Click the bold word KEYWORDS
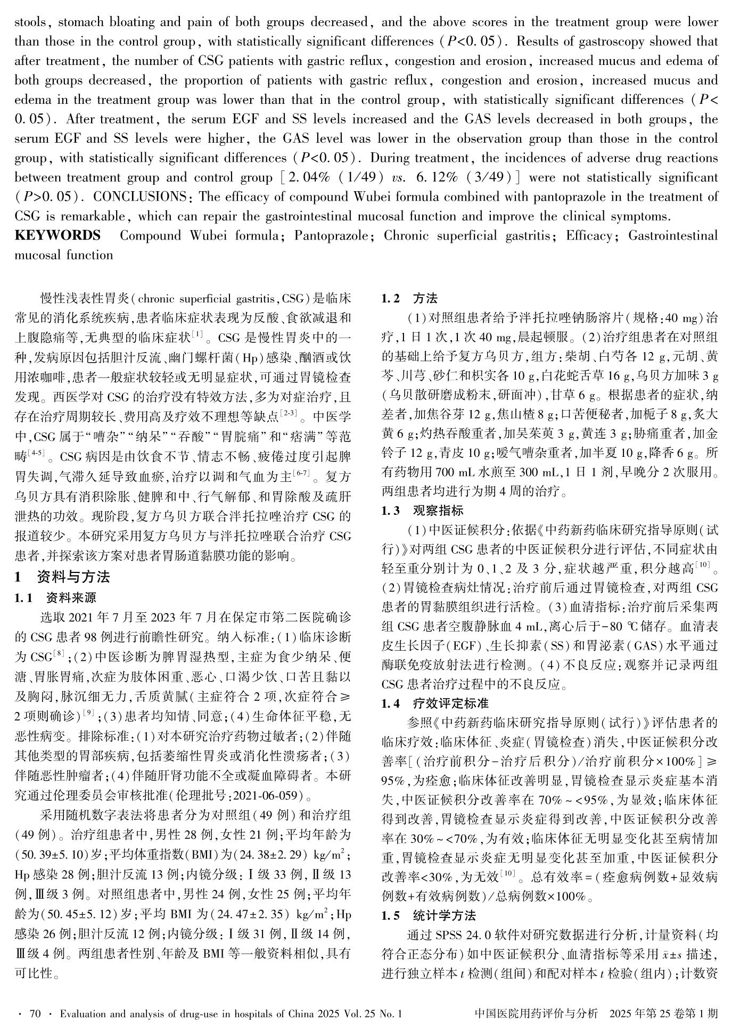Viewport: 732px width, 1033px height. [x=57, y=235]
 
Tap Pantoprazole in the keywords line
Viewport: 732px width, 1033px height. [x=330, y=235]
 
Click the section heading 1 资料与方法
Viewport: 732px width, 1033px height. [x=63, y=577]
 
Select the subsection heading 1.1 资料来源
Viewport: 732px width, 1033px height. [x=55, y=597]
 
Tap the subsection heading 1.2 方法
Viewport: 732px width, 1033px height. [x=409, y=298]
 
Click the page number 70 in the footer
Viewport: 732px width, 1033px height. [x=35, y=1014]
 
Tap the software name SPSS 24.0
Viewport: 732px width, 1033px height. [x=457, y=936]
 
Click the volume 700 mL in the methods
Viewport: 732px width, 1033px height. [x=453, y=472]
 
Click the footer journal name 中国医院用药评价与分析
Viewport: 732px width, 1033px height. [x=536, y=1014]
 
